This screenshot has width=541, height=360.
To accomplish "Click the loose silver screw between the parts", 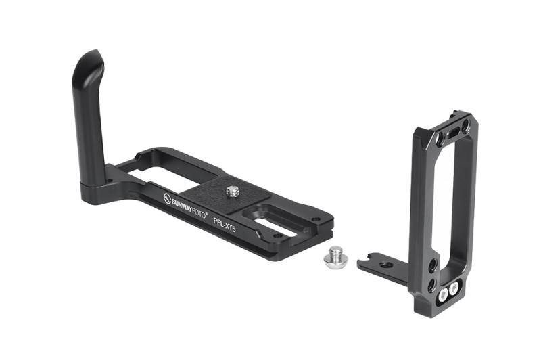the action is pos(335,255).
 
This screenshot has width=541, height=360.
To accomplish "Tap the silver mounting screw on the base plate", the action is pos(233,192).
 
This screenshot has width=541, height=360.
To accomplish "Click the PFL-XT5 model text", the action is pos(225,225).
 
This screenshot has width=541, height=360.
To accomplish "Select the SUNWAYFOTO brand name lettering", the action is pos(189,207).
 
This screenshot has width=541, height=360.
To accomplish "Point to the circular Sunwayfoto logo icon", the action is pos(167,198).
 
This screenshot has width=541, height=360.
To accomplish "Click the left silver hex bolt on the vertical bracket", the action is pos(443,295).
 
